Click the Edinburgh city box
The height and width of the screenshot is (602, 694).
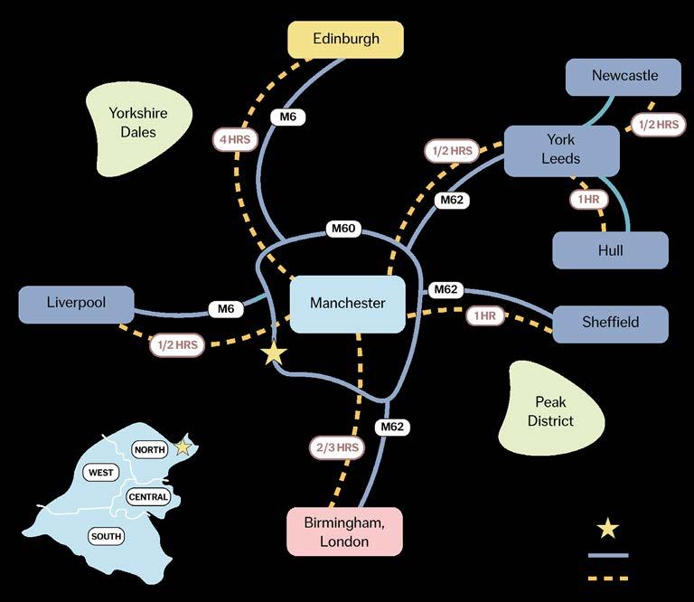coord(345,40)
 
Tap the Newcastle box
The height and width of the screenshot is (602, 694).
coord(624,76)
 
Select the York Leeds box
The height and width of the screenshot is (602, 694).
coord(561,149)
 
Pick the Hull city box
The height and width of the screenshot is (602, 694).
coord(610,250)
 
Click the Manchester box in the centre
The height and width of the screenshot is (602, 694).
coord(347,304)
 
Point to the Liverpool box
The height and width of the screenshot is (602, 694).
coord(76,304)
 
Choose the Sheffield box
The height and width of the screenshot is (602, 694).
coord(610,323)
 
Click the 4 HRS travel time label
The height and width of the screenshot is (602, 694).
coord(236,139)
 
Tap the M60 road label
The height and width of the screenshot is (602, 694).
coord(343,230)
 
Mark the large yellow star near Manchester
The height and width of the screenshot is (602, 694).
coord(274,353)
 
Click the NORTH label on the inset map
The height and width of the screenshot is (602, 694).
coord(149,449)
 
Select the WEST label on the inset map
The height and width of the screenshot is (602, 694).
coord(100,473)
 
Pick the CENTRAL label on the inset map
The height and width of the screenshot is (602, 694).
coord(148,497)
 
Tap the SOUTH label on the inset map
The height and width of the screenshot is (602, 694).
coord(106,536)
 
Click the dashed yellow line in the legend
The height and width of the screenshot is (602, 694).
coord(608,577)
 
